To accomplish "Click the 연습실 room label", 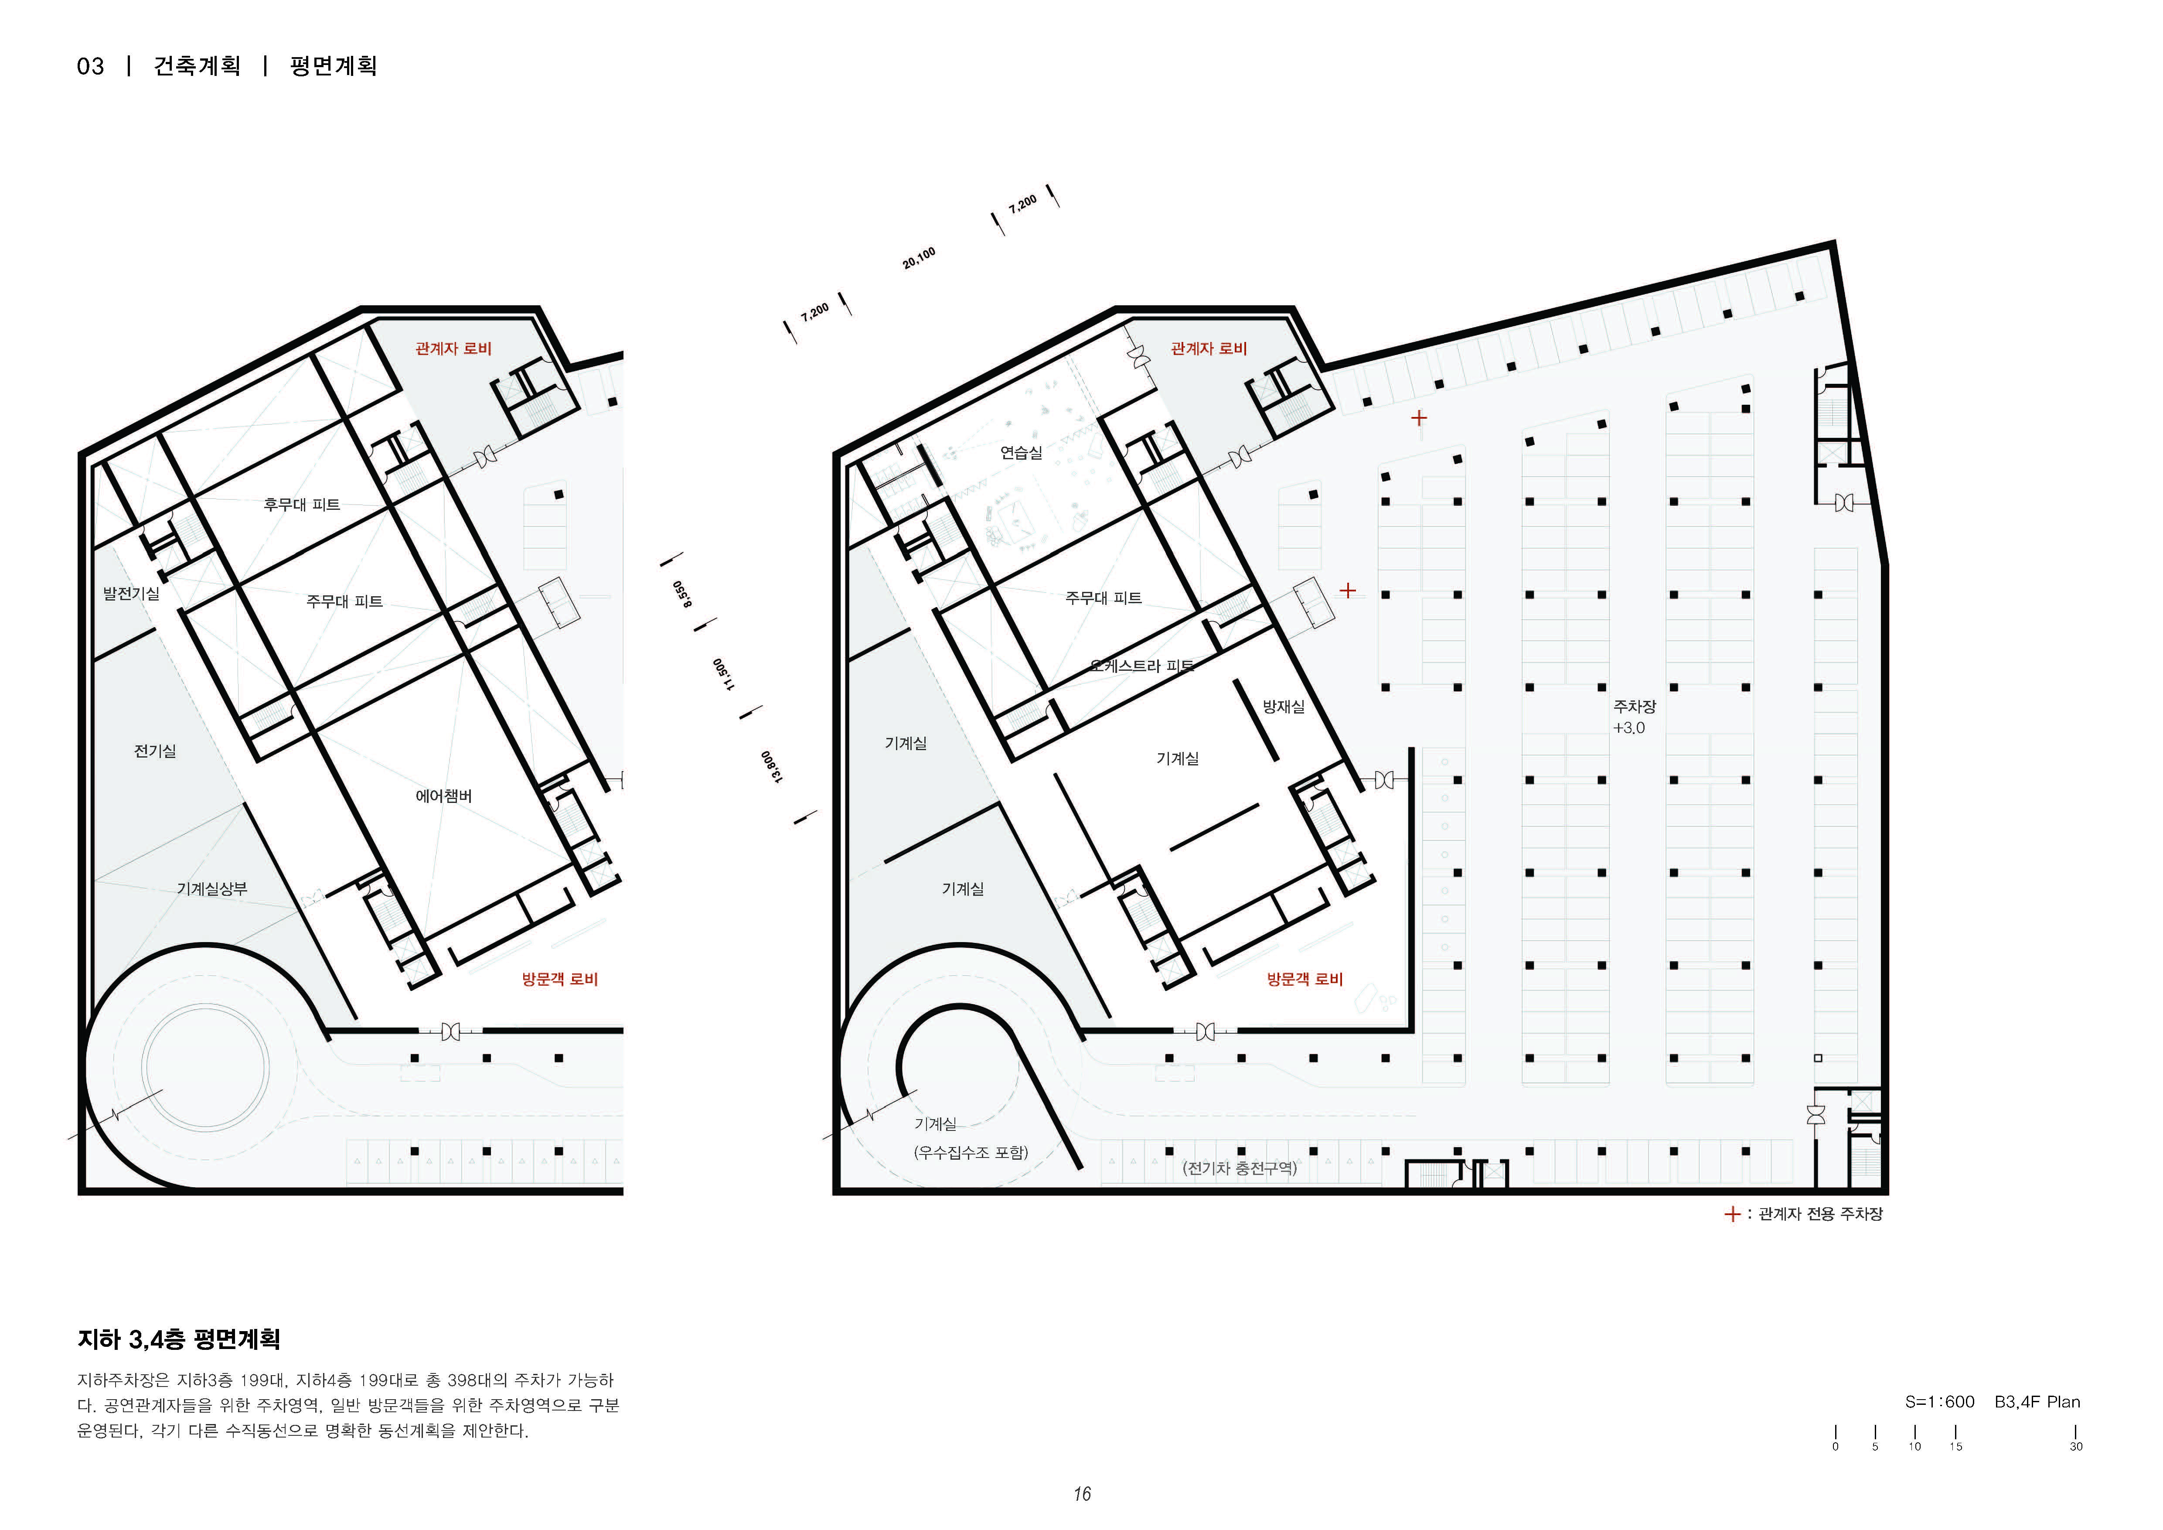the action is point(1021,452).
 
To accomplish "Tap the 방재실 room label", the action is point(1283,707).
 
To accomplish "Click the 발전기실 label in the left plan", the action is point(131,594).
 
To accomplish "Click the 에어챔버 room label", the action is point(444,796).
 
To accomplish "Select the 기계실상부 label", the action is point(212,888).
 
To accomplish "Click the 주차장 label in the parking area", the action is point(1635,706).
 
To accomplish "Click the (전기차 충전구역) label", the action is point(1240,1168).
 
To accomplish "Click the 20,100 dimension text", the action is point(919,258).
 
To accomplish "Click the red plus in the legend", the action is point(1731,1214).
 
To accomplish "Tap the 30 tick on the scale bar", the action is point(2075,1446).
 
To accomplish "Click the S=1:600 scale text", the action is point(1940,1402).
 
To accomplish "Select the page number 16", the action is point(1081,1494).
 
